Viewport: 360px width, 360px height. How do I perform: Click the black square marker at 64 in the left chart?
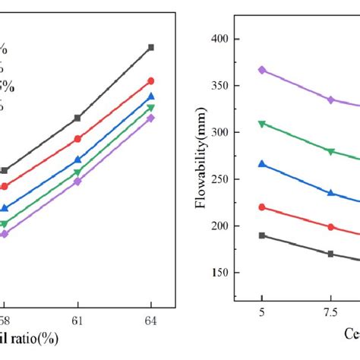(150, 47)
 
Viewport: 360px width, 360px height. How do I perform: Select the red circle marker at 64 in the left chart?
(150, 81)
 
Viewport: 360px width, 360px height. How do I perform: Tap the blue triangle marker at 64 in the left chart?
(150, 96)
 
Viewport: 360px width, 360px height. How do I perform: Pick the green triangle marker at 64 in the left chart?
(150, 108)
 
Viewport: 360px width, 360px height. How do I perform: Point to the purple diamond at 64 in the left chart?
(150, 118)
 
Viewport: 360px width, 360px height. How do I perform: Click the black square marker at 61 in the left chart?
(77, 118)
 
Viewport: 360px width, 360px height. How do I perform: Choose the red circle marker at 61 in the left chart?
(77, 139)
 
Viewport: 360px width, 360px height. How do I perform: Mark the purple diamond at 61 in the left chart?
(77, 182)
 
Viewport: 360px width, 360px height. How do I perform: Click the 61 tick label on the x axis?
(77, 321)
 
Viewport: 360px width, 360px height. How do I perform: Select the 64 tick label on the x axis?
(150, 321)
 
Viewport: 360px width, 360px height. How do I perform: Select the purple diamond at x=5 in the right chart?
(262, 70)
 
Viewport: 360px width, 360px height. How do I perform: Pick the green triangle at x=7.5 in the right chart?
(330, 152)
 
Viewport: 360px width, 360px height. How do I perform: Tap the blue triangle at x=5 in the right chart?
(262, 164)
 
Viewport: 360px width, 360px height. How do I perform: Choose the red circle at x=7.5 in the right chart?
(330, 227)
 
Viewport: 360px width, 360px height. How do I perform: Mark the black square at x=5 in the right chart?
(262, 235)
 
